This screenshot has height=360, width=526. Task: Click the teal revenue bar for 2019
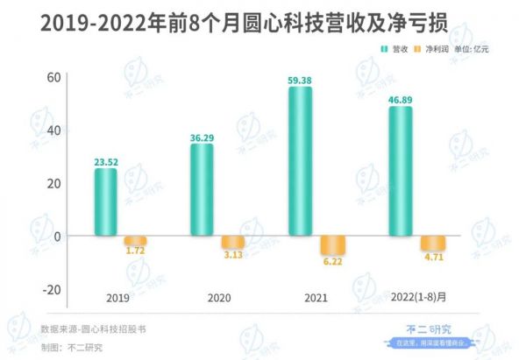105,202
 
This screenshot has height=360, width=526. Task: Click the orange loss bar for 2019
134,241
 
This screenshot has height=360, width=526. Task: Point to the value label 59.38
300,81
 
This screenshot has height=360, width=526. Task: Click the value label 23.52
106,161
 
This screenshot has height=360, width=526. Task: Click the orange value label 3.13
232,255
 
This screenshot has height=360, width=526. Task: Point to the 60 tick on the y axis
52,77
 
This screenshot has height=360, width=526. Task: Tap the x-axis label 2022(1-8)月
419,298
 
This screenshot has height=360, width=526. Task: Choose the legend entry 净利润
433,50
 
